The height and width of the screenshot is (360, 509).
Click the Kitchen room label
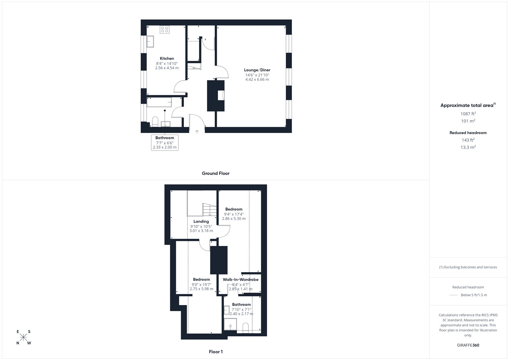coord(167,59)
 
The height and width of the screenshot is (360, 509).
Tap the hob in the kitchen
coord(164,30)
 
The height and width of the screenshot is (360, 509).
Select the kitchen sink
coord(150,42)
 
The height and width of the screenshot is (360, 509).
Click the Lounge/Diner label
coord(257,70)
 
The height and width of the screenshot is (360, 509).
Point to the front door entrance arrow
coord(197,132)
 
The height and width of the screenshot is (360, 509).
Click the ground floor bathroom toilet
coord(155,122)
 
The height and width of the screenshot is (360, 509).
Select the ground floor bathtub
coord(159,102)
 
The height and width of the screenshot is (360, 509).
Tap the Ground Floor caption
coord(216,173)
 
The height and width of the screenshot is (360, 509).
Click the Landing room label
coord(201,221)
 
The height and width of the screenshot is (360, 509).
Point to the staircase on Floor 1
coord(210,210)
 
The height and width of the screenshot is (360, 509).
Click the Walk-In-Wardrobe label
coord(241,279)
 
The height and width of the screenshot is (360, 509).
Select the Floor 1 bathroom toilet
coord(246,328)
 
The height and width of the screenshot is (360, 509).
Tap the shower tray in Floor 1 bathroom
coord(230,324)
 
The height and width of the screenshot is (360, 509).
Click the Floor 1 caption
coord(216,352)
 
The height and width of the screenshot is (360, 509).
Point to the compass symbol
coord(24,337)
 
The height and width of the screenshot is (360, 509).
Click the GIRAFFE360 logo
coord(468,345)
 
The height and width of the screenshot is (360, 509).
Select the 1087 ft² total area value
coord(468,114)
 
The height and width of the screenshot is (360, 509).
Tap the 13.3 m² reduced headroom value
coord(468,147)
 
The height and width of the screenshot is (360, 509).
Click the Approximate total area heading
coord(468,105)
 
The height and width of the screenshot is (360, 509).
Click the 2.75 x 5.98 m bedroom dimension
coord(202,289)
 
